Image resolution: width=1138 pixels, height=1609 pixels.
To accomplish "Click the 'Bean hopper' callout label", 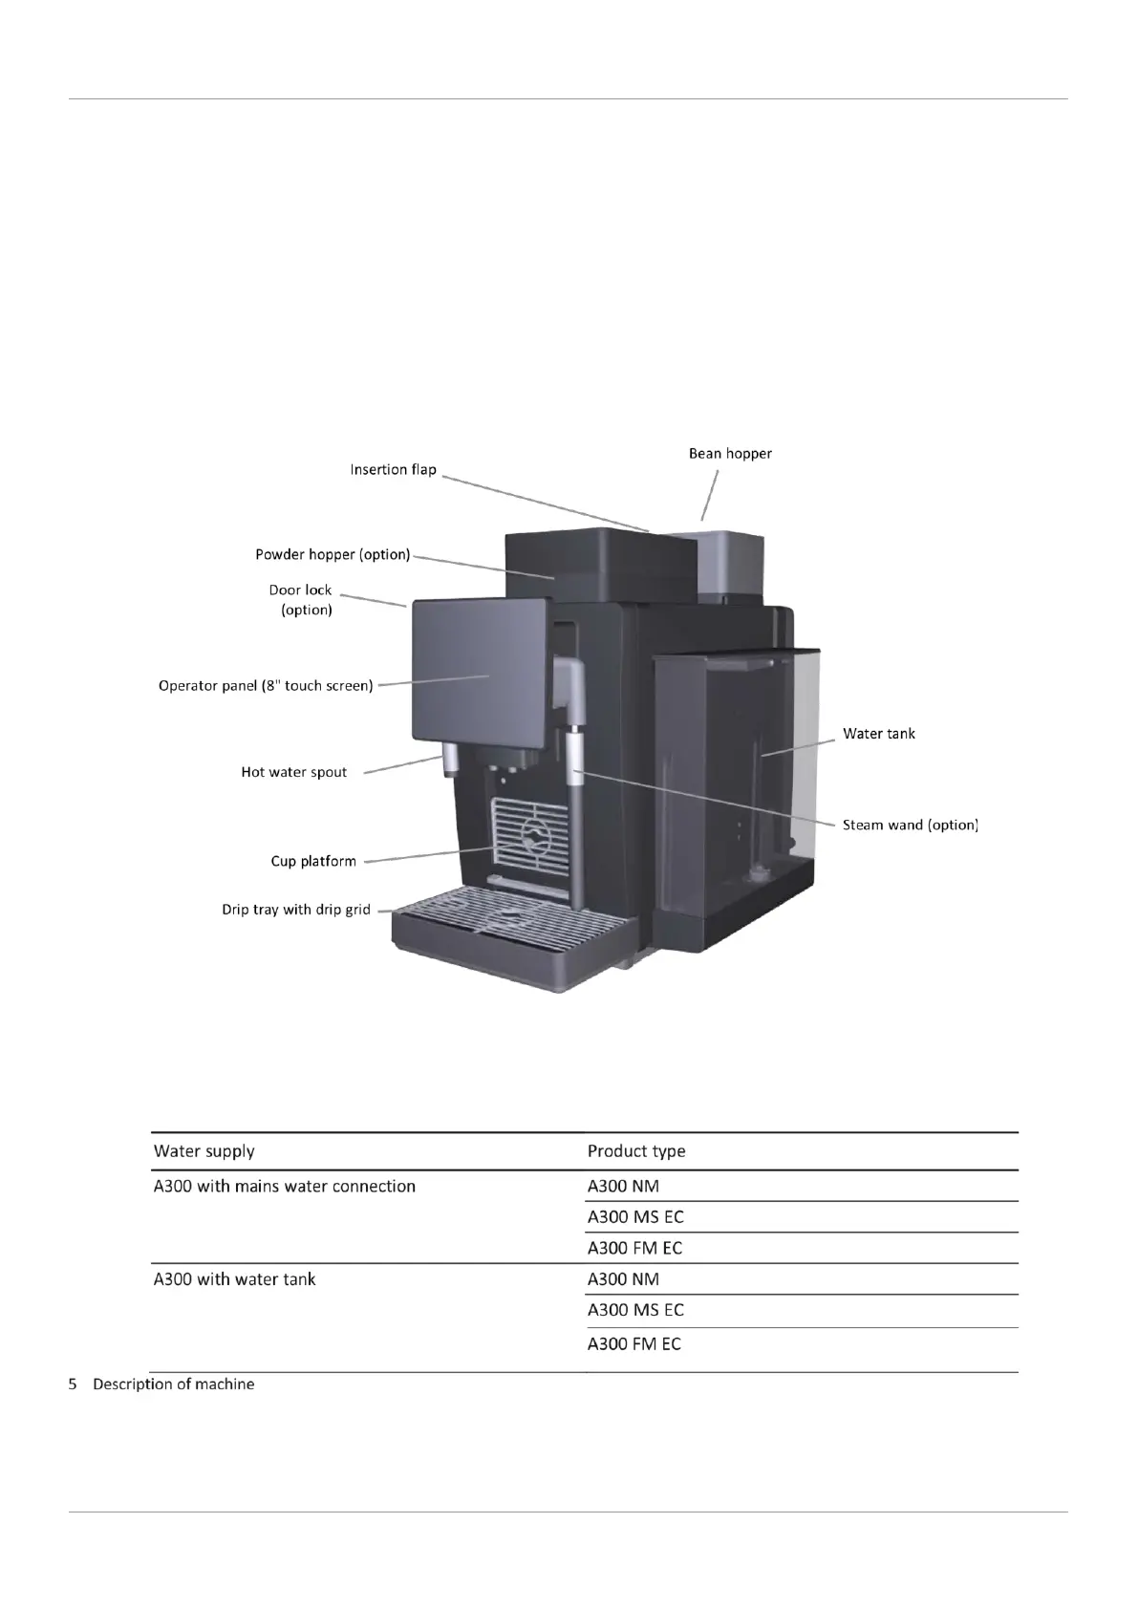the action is click(730, 454).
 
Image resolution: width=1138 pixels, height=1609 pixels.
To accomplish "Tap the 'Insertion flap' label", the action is click(393, 470).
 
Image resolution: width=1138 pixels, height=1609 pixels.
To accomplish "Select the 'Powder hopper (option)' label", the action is click(333, 555).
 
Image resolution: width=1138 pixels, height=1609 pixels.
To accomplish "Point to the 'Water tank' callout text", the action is click(878, 734).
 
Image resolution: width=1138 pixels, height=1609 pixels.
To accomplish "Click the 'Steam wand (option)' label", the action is click(910, 825).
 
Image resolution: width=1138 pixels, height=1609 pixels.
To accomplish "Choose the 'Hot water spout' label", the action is click(293, 772).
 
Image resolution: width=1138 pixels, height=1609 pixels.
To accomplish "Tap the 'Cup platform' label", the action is click(313, 861).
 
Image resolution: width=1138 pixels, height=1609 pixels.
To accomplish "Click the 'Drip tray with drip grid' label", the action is click(296, 910).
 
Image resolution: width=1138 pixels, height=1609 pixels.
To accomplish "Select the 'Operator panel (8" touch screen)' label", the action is click(266, 686).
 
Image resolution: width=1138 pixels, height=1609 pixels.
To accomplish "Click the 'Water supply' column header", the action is click(204, 1151).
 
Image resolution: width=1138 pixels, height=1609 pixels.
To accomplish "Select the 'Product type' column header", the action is click(636, 1151).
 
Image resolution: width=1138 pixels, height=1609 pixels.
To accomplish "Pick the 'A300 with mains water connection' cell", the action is click(285, 1187).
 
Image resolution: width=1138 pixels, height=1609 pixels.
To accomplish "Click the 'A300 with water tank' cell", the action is click(234, 1279).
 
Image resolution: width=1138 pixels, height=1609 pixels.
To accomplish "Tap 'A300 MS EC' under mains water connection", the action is click(635, 1217).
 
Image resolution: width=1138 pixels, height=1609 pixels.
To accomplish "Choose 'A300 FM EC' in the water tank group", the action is click(634, 1344).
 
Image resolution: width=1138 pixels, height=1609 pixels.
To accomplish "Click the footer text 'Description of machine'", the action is click(173, 1384).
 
